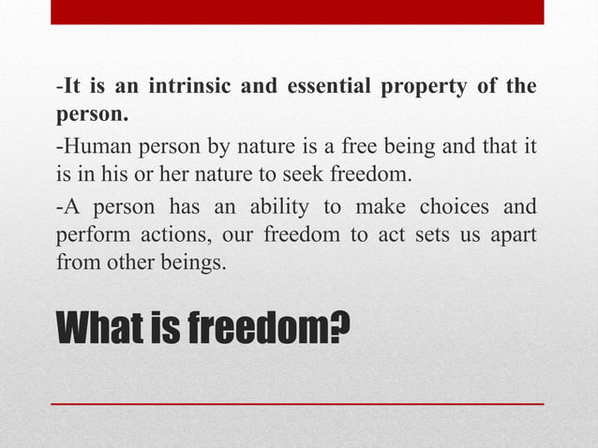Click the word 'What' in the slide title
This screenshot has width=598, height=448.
pos(100,327)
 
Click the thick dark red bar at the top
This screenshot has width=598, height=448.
pos(297,11)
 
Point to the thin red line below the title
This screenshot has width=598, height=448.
pos(297,403)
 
